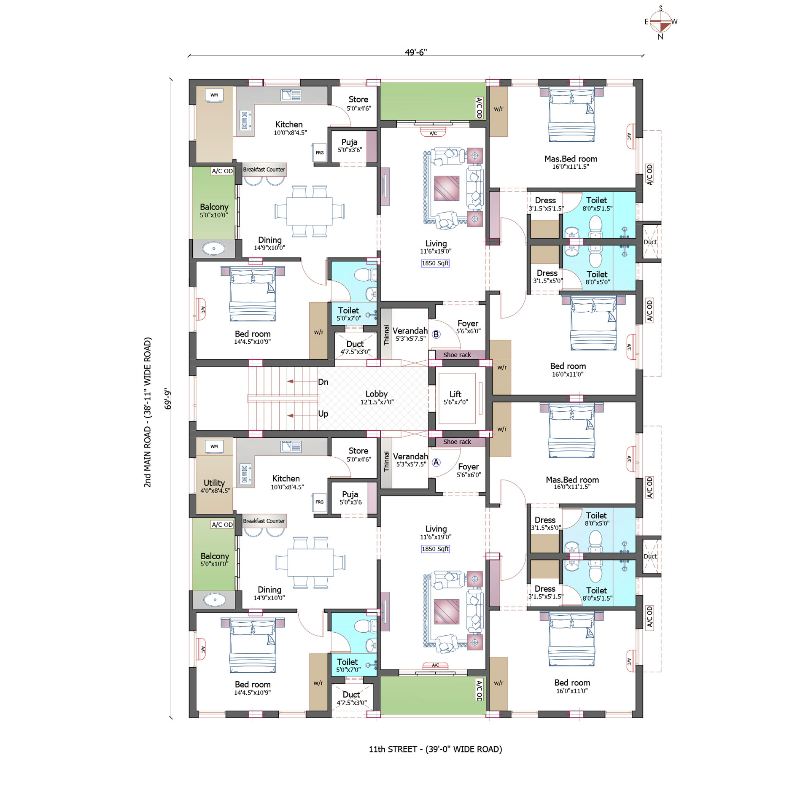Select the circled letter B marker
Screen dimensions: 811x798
pos(436,334)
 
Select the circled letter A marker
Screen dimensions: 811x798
pos(436,462)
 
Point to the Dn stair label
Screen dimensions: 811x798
pos(323,382)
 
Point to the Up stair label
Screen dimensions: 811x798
pos(323,413)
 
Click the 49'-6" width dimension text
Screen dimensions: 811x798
pos(416,52)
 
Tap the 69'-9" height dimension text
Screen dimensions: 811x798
pos(168,399)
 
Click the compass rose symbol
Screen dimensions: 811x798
pos(660,22)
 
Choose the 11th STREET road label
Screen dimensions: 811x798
pos(435,749)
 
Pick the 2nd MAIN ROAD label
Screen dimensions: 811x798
pos(147,412)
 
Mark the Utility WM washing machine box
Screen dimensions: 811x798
pos(214,446)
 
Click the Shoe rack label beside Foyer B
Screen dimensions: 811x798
pos(457,355)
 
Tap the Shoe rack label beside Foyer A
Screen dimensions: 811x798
pos(457,442)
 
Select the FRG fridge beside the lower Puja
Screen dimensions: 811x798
pos(320,502)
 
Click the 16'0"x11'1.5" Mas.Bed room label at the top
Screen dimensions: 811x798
pos(571,167)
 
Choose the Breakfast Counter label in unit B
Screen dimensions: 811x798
pos(264,170)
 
